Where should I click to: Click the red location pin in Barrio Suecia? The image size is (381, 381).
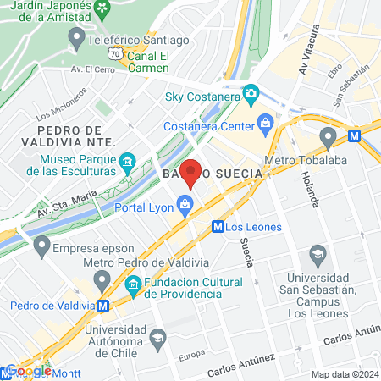(191, 173)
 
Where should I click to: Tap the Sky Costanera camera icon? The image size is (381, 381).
(251, 92)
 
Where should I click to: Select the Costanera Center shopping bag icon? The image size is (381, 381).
(266, 122)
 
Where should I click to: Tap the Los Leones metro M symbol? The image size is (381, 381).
(218, 226)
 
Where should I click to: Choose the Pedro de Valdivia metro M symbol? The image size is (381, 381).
(102, 305)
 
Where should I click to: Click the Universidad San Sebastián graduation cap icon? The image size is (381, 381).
(317, 253)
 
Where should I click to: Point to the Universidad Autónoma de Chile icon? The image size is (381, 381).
(157, 337)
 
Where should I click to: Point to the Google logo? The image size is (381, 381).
(28, 370)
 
